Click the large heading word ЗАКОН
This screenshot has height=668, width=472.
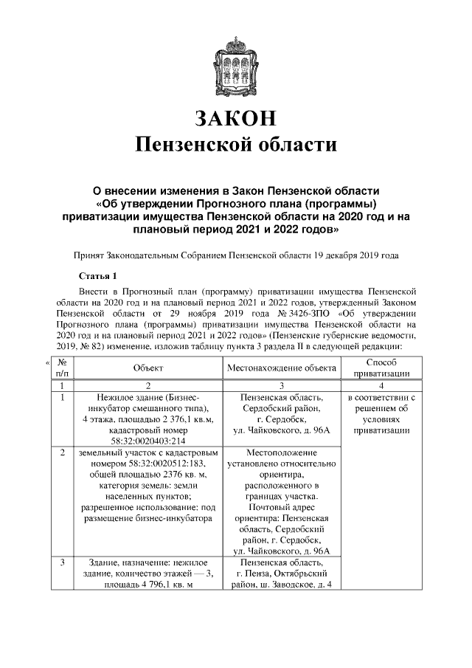[236, 118]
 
